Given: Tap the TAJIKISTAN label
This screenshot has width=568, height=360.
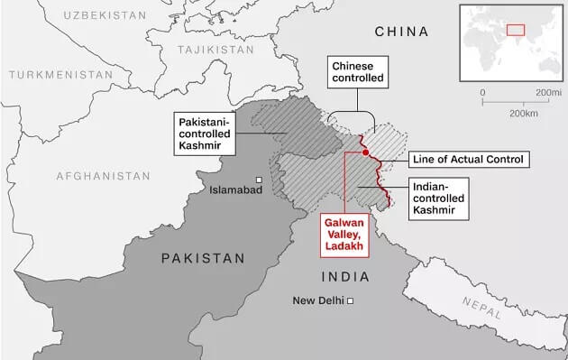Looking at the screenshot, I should (x=215, y=50).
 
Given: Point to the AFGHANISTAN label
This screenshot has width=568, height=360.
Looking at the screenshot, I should (x=104, y=175).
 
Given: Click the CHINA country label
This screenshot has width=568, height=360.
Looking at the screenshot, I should (x=401, y=32).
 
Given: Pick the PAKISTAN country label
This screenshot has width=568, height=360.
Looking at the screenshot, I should (x=203, y=258).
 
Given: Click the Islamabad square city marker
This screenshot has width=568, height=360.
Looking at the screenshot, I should (x=259, y=179).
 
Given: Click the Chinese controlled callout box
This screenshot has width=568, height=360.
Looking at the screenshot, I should (x=358, y=73).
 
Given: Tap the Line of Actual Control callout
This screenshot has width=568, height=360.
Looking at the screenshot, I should (x=467, y=159).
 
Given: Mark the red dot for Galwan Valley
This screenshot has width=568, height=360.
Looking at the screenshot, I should (x=365, y=152).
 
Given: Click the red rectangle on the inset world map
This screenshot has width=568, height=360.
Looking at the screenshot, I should (x=515, y=29).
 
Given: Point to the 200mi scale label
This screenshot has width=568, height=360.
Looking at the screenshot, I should (x=548, y=93).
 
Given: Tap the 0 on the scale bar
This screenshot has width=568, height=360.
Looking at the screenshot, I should (x=483, y=93).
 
